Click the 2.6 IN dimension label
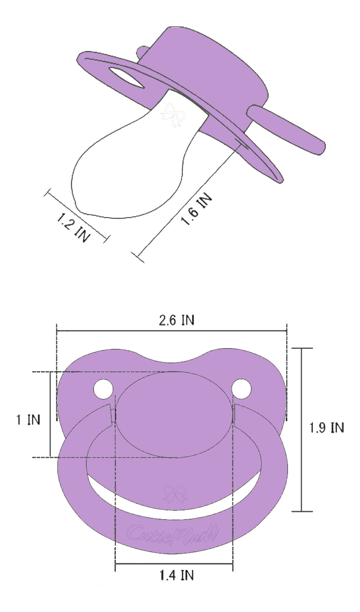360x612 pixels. click(x=176, y=320)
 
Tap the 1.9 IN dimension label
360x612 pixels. click(x=327, y=428)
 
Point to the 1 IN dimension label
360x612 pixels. click(x=28, y=420)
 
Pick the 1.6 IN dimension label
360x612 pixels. click(x=197, y=209)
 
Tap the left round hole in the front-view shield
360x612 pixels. click(x=103, y=389)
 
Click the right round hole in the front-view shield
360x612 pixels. click(x=241, y=389)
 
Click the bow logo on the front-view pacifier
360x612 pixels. click(x=175, y=494)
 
